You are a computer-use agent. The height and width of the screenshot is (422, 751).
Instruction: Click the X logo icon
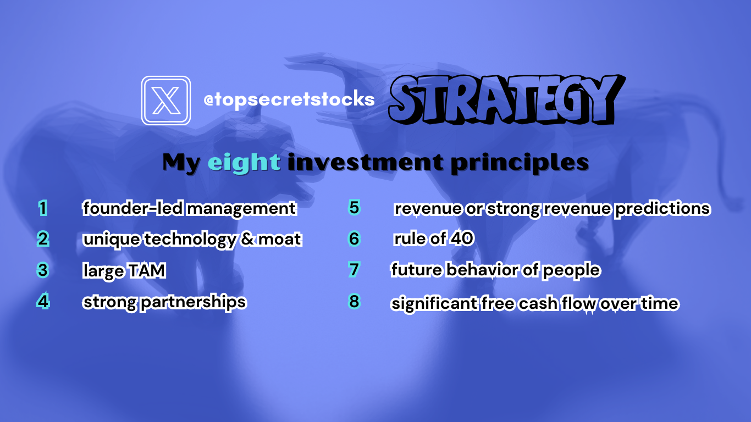click(166, 101)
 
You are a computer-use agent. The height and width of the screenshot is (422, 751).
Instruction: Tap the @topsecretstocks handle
click(289, 99)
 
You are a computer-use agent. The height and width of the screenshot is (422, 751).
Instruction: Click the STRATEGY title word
click(506, 99)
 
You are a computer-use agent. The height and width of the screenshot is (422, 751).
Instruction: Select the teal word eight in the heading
click(244, 163)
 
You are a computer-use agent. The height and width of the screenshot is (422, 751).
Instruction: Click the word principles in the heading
click(520, 163)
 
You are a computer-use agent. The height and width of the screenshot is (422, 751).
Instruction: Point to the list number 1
click(42, 208)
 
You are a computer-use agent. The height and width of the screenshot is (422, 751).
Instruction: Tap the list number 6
click(355, 238)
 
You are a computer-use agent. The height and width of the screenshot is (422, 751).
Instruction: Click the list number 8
click(355, 301)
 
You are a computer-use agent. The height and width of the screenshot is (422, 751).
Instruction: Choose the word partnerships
click(194, 302)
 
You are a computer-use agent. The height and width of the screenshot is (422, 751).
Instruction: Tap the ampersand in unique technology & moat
click(247, 238)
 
